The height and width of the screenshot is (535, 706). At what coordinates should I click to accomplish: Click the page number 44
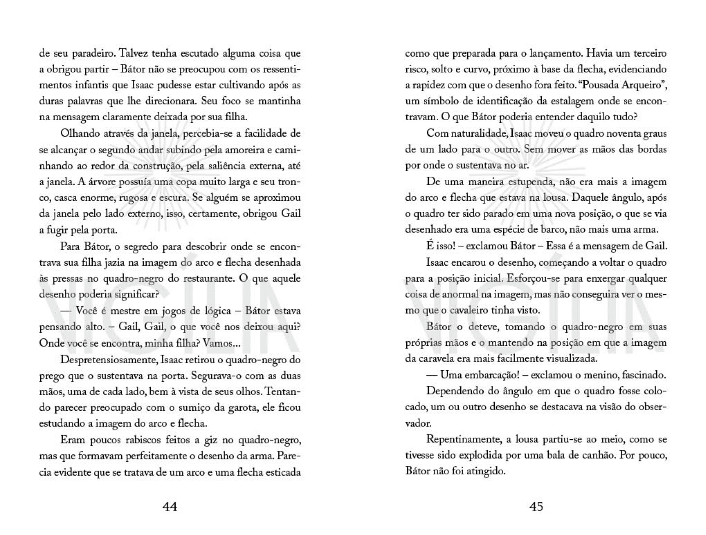[x=170, y=506]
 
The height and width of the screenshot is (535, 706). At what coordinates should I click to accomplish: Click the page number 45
[x=536, y=506]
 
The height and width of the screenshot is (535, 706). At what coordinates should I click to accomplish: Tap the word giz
[x=201, y=440]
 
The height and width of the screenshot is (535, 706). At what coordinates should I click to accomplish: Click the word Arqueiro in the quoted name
[x=650, y=86]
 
